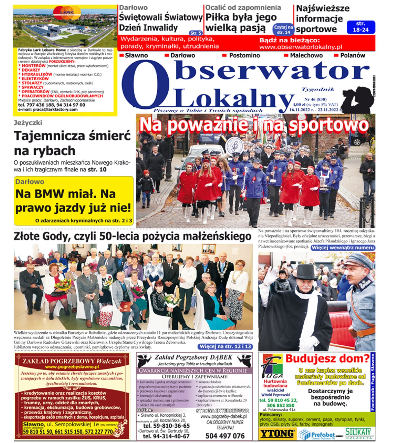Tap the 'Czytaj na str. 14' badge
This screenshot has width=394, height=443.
coord(283,30)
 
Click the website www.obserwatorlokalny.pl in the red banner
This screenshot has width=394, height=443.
coord(301,47)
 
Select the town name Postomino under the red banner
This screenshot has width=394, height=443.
coord(244,55)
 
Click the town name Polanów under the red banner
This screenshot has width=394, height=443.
coord(352,55)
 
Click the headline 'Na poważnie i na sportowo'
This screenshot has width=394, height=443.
coord(254,125)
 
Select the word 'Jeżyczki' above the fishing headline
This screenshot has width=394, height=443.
coord(28,123)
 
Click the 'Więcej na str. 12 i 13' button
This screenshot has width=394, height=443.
coord(225,346)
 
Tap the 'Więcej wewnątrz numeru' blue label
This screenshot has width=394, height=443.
coord(343,248)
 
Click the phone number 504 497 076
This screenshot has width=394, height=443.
coord(225,436)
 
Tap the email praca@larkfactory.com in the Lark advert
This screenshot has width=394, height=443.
coord(48,109)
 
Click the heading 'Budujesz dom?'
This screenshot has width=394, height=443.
coord(327,359)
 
